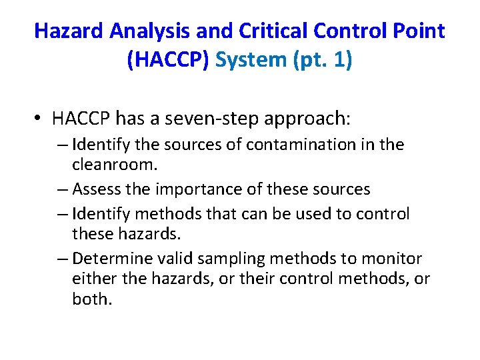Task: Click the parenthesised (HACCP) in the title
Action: pyautogui.click(x=169, y=60)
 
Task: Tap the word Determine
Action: pyautogui.click(x=109, y=258)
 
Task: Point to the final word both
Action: pyautogui.click(x=91, y=299)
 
